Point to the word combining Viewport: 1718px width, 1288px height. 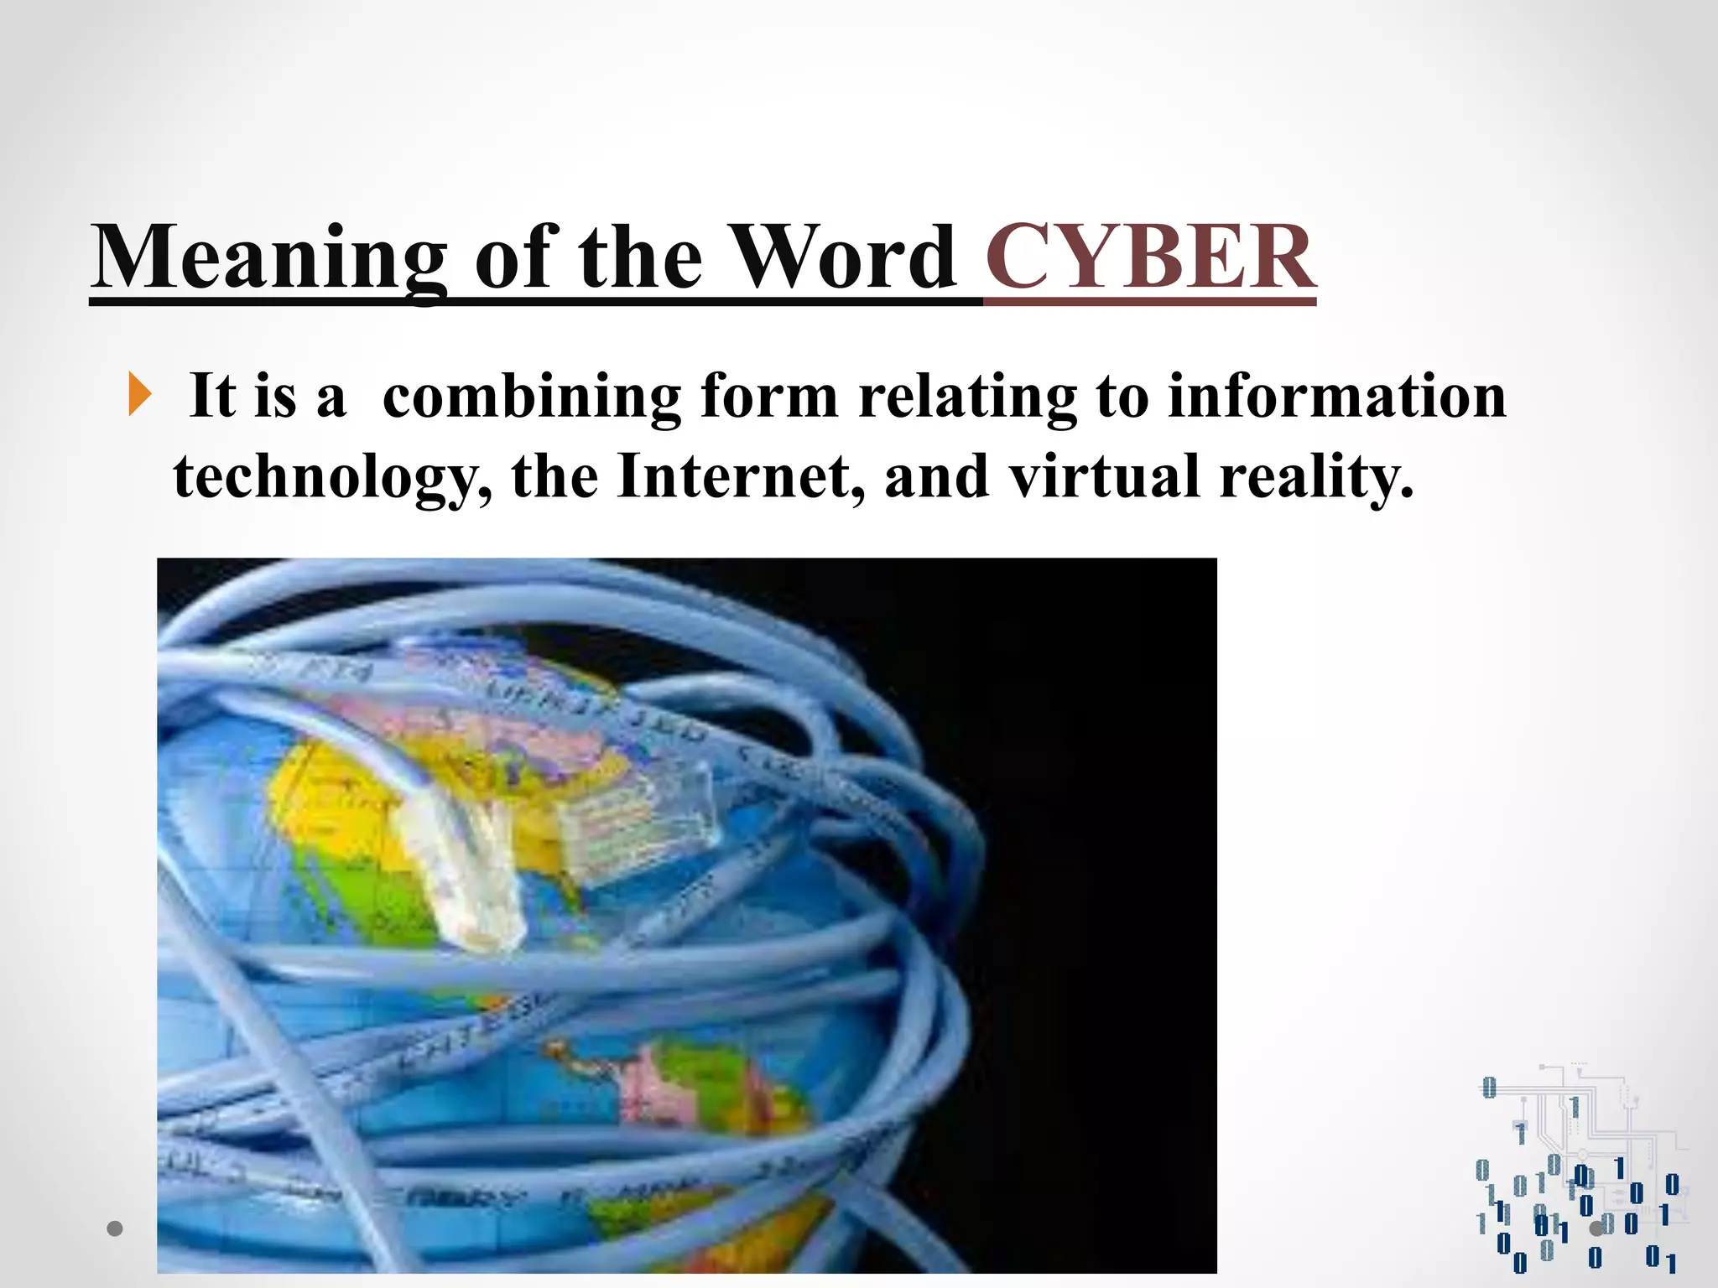pos(532,396)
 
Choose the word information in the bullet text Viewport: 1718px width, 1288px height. pos(1337,396)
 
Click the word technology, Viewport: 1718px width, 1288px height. pos(332,476)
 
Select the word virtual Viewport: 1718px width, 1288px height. pos(1104,476)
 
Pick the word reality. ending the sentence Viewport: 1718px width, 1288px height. pos(1316,476)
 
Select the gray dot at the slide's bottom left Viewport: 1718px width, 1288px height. pos(115,1228)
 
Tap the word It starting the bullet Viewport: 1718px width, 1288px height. pos(212,396)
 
